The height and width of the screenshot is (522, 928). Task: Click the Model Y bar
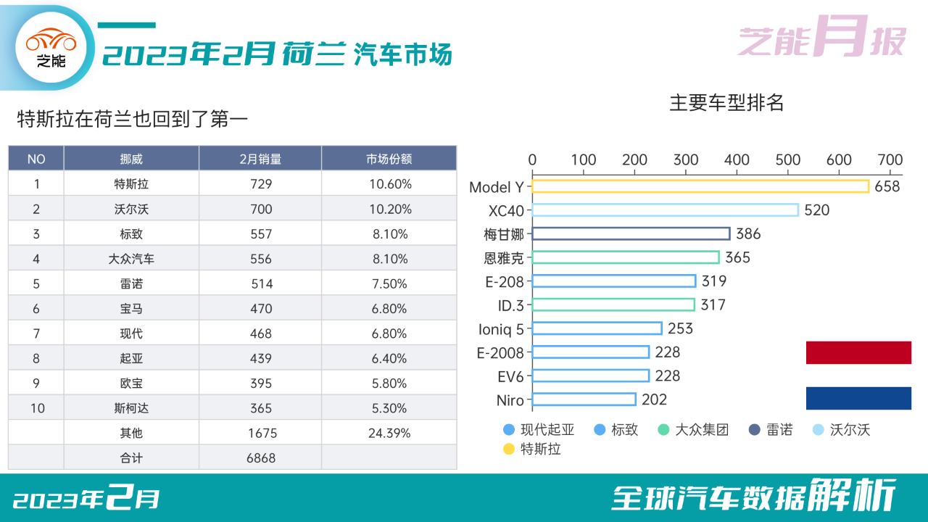pos(700,186)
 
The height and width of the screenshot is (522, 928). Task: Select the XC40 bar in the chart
pos(665,210)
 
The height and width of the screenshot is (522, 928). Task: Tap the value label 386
pos(748,233)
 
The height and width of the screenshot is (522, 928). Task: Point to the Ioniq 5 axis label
pos(501,329)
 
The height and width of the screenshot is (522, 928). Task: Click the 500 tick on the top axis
pos(787,159)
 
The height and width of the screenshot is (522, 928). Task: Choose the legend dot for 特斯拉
pos(508,449)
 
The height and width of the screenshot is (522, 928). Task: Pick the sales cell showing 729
pos(261,184)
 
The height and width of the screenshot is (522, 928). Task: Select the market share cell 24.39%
pos(389,433)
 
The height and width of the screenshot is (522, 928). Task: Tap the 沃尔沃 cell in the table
pos(131,209)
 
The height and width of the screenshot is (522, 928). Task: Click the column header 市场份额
pos(389,159)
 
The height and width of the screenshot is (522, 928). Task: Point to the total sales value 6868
pos(261,457)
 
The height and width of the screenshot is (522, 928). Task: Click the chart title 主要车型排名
pos(726,102)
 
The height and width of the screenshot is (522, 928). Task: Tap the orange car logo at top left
pos(51,39)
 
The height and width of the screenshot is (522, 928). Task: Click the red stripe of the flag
pos(858,352)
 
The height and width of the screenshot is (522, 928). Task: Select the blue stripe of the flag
pos(858,398)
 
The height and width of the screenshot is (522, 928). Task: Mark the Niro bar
pos(584,399)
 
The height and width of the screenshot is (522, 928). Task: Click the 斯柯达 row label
pos(131,408)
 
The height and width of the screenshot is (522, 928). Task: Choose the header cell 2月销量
pos(260,159)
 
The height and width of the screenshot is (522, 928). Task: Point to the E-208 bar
pos(613,281)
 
